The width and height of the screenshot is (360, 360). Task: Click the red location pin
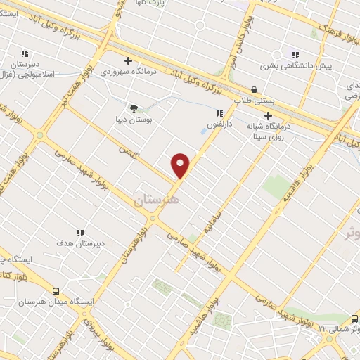pyautogui.click(x=181, y=165)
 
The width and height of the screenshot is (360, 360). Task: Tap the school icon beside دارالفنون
pyautogui.click(x=220, y=112)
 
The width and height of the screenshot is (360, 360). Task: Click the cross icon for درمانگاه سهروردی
pyautogui.click(x=127, y=60)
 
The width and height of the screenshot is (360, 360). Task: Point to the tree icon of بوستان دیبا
pyautogui.click(x=134, y=108)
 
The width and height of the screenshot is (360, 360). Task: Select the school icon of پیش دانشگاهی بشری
pyautogui.click(x=295, y=54)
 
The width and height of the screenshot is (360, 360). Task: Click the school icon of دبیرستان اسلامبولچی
pyautogui.click(x=25, y=53)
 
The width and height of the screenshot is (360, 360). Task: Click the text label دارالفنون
pyautogui.click(x=219, y=124)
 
